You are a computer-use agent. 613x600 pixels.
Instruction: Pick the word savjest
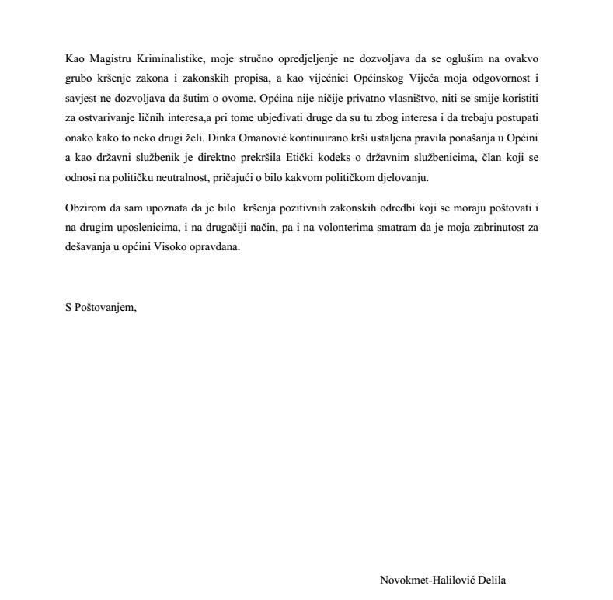point(81,100)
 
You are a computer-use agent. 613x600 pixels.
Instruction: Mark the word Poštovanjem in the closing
point(106,305)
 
